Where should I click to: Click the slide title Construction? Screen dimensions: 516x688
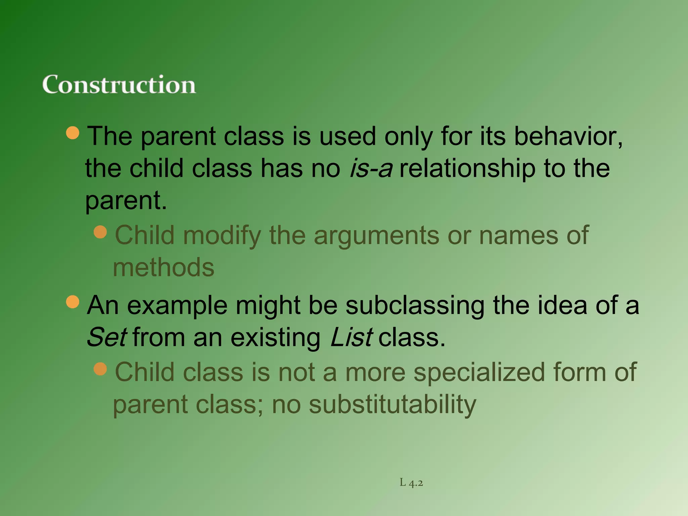pyautogui.click(x=119, y=84)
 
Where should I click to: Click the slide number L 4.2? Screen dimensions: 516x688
pyautogui.click(x=411, y=483)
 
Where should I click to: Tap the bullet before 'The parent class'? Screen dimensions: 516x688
pyautogui.click(x=73, y=133)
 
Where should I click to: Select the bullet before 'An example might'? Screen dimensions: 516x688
pyautogui.click(x=73, y=302)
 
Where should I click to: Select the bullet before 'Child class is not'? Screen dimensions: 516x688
pyautogui.click(x=100, y=369)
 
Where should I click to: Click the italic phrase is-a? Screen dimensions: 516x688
pyautogui.click(x=371, y=168)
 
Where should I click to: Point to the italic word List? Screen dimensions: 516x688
pyautogui.click(x=351, y=337)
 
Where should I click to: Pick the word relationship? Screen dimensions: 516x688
pyautogui.click(x=467, y=168)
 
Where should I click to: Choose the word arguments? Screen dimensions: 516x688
pyautogui.click(x=376, y=235)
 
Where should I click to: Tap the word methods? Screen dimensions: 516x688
pyautogui.click(x=164, y=267)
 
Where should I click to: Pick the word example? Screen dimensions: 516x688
pyautogui.click(x=177, y=306)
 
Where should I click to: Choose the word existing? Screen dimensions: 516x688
pyautogui.click(x=275, y=337)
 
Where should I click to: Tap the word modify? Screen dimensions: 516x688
pyautogui.click(x=222, y=235)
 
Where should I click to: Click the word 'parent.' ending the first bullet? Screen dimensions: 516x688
pyautogui.click(x=126, y=201)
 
